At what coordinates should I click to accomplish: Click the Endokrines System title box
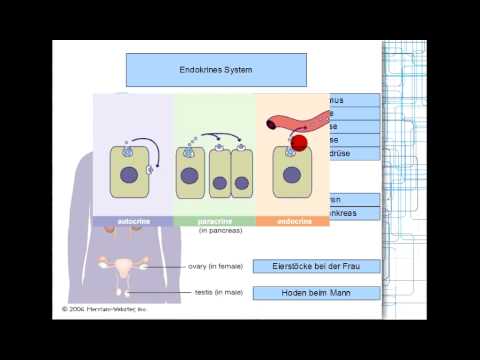tap(216, 70)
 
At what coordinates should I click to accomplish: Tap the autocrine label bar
tap(132, 220)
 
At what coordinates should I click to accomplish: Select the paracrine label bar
tap(213, 220)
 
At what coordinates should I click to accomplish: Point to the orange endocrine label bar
tap(292, 220)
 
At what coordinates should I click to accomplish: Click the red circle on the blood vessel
tap(298, 142)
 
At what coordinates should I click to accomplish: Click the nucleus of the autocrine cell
tap(129, 176)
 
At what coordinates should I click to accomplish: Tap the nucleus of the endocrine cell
tap(291, 176)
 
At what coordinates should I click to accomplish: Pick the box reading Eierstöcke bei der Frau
tap(315, 266)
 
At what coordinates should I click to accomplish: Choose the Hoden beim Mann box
tap(315, 292)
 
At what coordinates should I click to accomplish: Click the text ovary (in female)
tap(214, 267)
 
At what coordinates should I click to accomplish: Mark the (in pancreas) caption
tap(219, 230)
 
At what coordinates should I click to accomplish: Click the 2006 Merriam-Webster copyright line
tap(104, 309)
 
